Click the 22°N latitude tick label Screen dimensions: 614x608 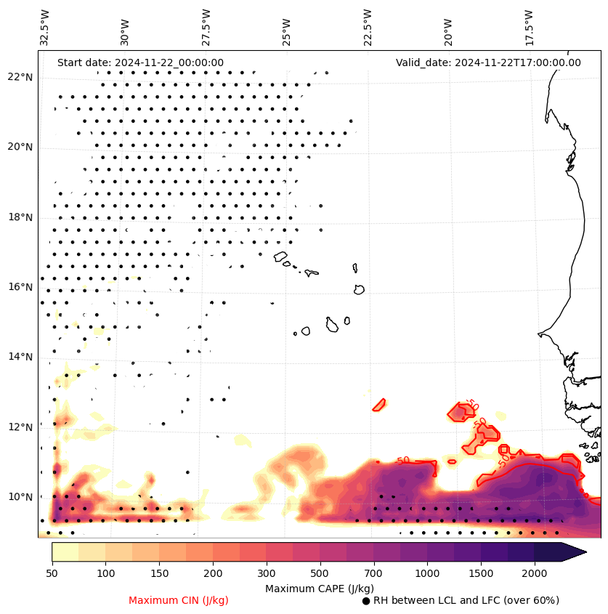click(20, 77)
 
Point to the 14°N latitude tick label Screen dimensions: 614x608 click(20, 357)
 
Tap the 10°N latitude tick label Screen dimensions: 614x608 click(20, 497)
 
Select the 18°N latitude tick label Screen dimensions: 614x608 click(20, 217)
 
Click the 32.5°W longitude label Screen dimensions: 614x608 click(45, 28)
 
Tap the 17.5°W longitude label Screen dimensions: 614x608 click(529, 28)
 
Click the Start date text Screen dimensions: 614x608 click(140, 62)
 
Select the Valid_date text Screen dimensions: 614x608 click(488, 62)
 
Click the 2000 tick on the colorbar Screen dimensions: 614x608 click(534, 574)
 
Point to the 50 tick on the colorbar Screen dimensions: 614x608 click(52, 574)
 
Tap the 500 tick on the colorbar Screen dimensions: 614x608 click(320, 574)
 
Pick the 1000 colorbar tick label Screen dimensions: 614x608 click(427, 574)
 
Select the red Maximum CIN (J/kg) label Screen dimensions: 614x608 click(178, 600)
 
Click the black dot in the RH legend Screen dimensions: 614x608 click(366, 601)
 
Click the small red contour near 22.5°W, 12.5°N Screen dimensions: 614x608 click(379, 405)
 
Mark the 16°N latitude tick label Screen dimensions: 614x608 click(20, 287)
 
